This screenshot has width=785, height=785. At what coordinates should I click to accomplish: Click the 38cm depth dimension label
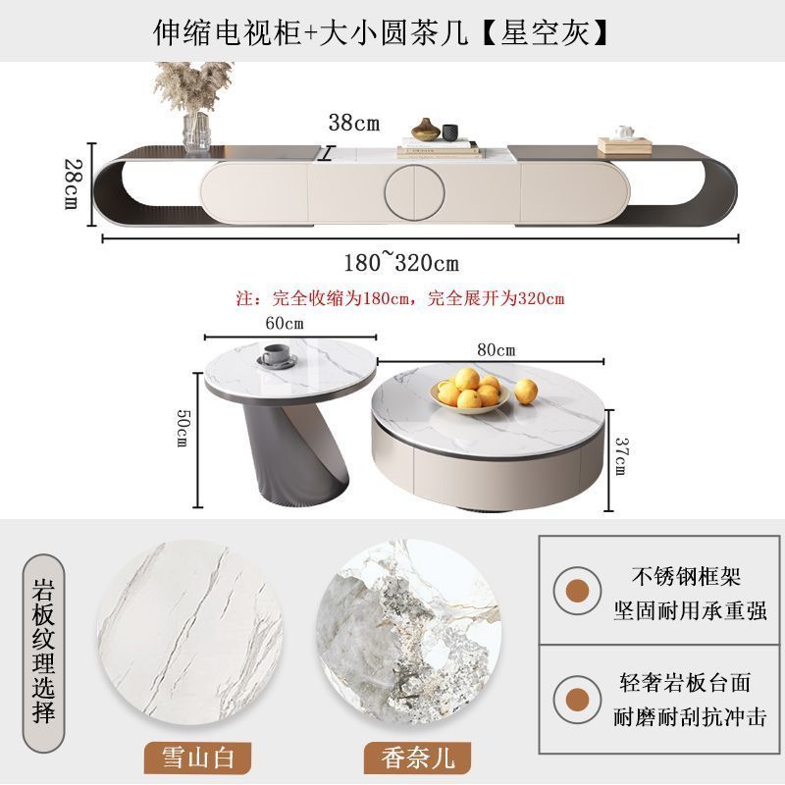pos(354,123)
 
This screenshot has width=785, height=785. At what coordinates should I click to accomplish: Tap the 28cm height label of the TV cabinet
pos(73,183)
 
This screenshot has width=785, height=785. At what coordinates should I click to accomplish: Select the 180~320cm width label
pos(401,262)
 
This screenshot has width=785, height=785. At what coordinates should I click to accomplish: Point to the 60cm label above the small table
pos(285,324)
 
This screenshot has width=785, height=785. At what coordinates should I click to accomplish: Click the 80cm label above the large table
pos(496,349)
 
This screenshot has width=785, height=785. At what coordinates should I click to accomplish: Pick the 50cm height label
pos(183,427)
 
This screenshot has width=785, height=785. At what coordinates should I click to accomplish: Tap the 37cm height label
pos(621,456)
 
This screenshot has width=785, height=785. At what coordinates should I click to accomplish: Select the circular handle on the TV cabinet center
pos(414,192)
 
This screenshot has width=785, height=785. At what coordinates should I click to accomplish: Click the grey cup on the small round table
pos(277,354)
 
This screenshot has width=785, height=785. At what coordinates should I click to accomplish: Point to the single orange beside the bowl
pos(526,391)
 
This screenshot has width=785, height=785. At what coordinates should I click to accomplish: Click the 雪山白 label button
pos(198,758)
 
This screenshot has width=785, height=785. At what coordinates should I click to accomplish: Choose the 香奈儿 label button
pos(418,758)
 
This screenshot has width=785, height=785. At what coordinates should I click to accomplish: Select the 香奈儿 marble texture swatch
pos(409,632)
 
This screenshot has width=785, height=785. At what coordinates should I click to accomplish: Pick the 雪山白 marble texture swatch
pos(189,632)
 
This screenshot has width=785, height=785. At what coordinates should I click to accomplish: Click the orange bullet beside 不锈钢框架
pos(577,591)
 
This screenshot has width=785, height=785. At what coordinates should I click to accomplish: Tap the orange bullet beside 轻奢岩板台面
pos(577,700)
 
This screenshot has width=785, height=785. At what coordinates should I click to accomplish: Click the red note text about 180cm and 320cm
pos(400,298)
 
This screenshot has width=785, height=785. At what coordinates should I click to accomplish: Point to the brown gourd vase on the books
pos(426,130)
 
